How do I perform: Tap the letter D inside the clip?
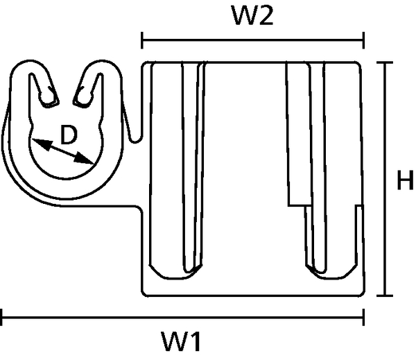click(67, 136)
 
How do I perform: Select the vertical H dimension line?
click(385, 181)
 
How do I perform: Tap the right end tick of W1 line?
click(363, 320)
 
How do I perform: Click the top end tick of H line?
click(385, 63)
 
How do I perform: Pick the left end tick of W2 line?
click(142, 40)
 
